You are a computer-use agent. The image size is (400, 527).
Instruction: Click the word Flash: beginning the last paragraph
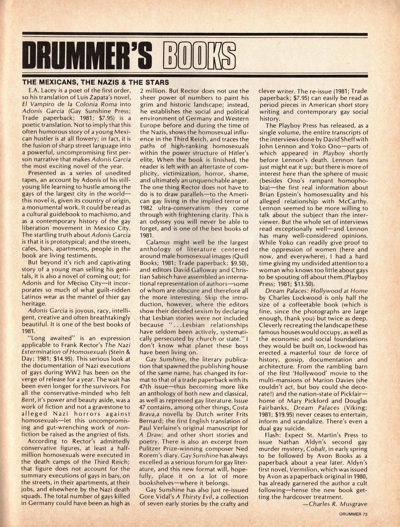[x=274, y=435]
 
